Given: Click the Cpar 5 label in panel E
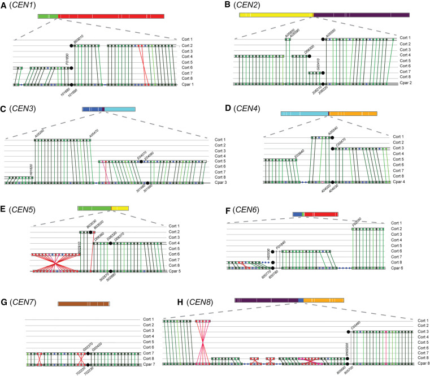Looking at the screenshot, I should pos(179,272).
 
